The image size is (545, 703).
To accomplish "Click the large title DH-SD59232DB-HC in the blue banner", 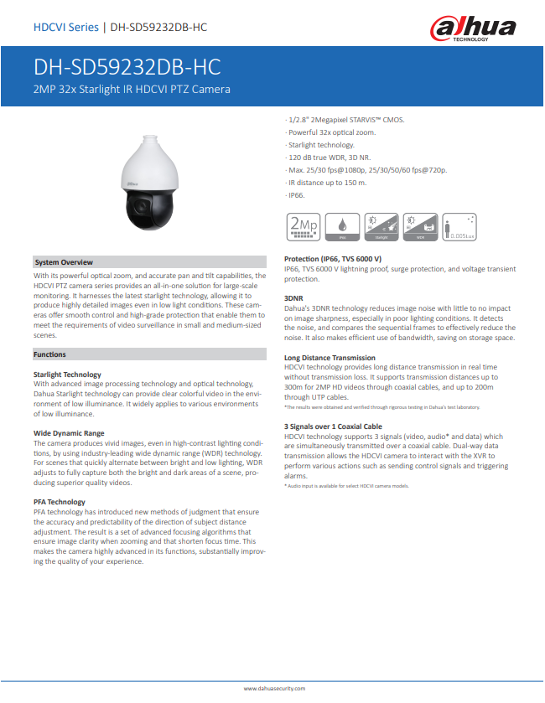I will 127,67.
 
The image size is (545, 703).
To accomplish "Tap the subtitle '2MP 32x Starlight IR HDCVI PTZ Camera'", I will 132,89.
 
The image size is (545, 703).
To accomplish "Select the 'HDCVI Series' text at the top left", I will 65,28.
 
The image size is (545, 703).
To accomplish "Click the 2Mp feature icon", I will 302,226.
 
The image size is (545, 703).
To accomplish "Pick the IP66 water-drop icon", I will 341,226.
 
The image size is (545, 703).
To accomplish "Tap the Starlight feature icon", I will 381,226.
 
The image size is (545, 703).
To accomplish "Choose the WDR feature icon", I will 421,226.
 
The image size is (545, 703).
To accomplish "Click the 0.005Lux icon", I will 460,226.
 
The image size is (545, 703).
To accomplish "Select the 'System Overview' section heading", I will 64,262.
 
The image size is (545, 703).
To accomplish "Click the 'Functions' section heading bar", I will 50,354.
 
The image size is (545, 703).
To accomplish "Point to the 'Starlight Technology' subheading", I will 68,374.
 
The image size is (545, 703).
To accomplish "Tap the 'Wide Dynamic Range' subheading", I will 69,432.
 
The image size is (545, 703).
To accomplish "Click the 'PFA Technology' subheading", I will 60,501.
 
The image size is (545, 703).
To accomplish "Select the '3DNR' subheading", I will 294,297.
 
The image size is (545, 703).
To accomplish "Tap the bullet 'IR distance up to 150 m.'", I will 328,182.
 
